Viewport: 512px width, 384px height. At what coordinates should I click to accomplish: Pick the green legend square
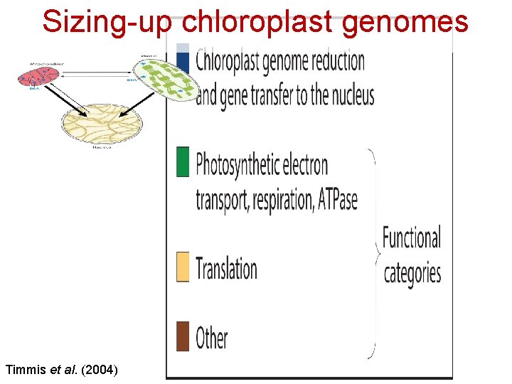(x=183, y=161)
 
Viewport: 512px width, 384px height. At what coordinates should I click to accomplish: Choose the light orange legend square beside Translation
(x=183, y=267)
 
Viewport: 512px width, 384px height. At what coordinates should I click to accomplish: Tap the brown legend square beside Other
(x=183, y=336)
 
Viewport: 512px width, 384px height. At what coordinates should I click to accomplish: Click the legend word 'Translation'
(x=226, y=269)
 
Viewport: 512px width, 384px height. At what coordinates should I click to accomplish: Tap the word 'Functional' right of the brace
(x=412, y=238)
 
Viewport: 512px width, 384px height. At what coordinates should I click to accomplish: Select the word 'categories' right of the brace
(x=412, y=273)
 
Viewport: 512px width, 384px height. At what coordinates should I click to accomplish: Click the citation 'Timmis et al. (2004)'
(x=62, y=369)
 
